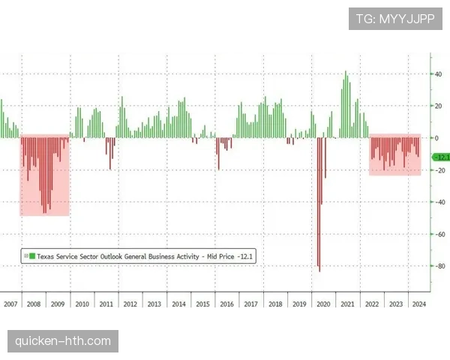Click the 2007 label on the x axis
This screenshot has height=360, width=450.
click(x=10, y=304)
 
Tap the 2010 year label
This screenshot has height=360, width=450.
click(x=82, y=304)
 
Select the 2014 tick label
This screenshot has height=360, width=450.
click(x=178, y=304)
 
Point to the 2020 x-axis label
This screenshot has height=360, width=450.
click(x=322, y=304)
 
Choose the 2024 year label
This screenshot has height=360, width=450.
click(x=418, y=304)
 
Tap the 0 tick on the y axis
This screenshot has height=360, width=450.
click(x=437, y=138)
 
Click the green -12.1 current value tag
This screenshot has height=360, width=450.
click(x=442, y=157)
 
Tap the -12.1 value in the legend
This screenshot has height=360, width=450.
click(x=245, y=256)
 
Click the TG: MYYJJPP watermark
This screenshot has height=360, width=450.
click(x=394, y=18)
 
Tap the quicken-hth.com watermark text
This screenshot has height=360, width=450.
click(x=63, y=342)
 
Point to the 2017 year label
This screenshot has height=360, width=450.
click(x=250, y=304)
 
